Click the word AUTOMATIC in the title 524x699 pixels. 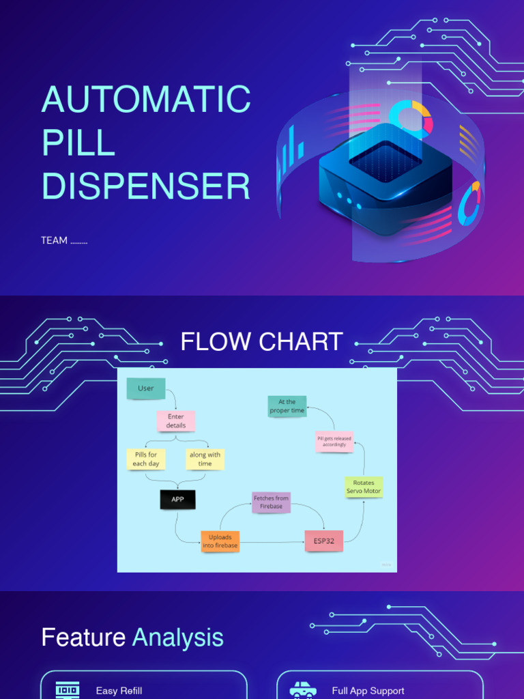click(146, 100)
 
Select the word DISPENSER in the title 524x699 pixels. click(146, 186)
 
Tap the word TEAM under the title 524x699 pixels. click(54, 240)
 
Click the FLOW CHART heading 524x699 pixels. click(261, 341)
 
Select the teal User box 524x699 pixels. click(146, 388)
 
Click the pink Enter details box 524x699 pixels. click(176, 420)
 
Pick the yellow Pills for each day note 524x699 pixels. click(146, 459)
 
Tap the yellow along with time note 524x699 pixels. click(205, 459)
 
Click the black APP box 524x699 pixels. click(177, 499)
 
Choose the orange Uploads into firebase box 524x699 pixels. click(220, 541)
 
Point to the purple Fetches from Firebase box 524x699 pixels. click(271, 502)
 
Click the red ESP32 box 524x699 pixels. click(323, 541)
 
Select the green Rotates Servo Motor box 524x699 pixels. click(364, 487)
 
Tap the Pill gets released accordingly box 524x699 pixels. click(334, 441)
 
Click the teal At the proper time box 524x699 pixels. click(287, 406)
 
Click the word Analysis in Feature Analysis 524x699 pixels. click(177, 638)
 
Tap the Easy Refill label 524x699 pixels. click(119, 691)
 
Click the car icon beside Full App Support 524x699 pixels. click(302, 690)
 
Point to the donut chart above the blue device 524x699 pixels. click(411, 118)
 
